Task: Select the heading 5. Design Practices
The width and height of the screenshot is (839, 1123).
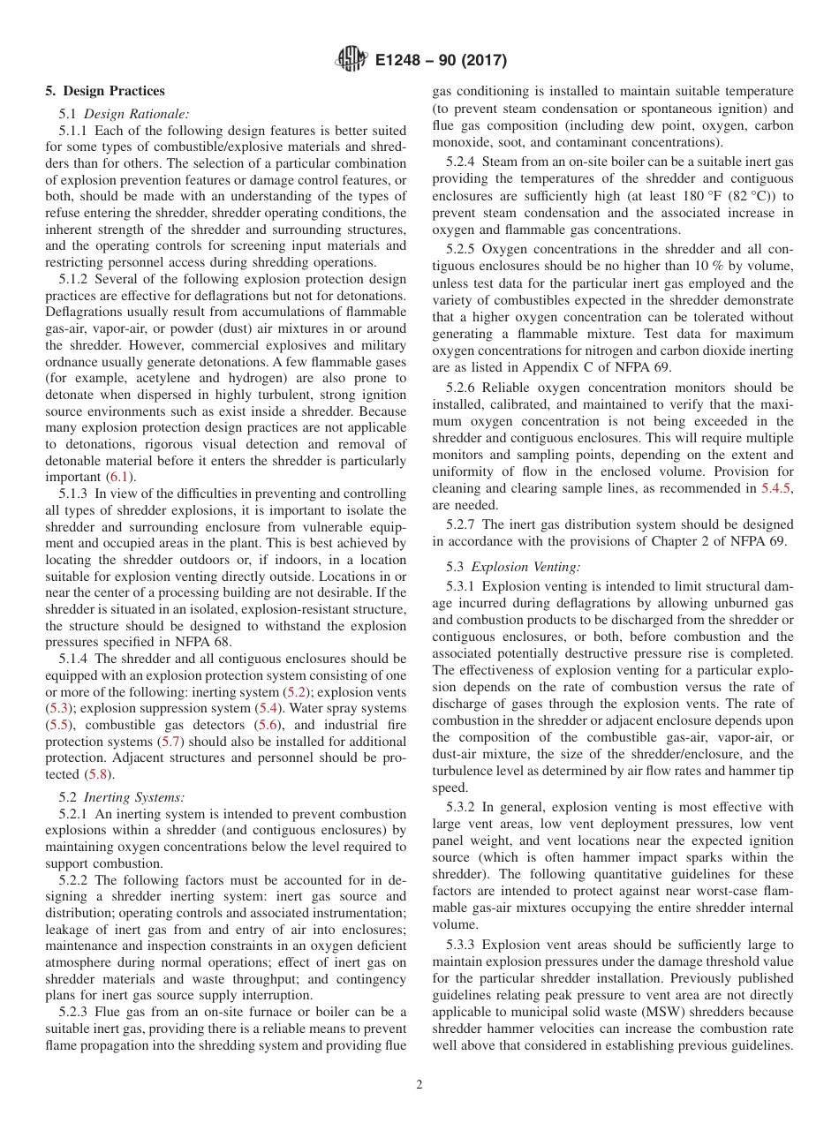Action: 105,91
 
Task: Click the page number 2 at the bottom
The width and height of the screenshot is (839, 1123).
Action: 419,1085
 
